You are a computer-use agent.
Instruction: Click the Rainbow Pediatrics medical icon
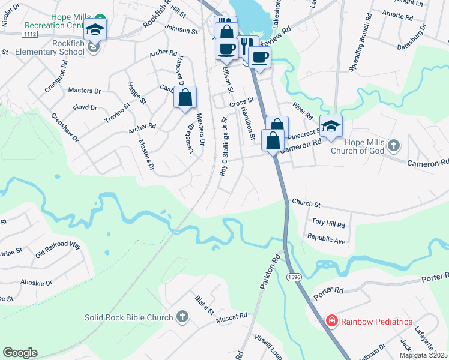tap(331, 322)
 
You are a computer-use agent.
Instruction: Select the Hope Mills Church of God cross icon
tap(393, 145)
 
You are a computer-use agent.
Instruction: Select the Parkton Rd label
tap(270, 274)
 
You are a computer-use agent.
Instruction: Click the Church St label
tap(306, 204)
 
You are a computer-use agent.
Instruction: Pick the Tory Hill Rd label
tap(328, 224)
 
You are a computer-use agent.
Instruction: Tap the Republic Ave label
tap(326, 240)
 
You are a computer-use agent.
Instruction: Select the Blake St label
tap(204, 304)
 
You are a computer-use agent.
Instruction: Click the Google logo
tap(20, 353)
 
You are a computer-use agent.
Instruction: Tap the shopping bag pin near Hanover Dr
tap(185, 97)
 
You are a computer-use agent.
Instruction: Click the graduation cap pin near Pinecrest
tap(331, 125)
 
